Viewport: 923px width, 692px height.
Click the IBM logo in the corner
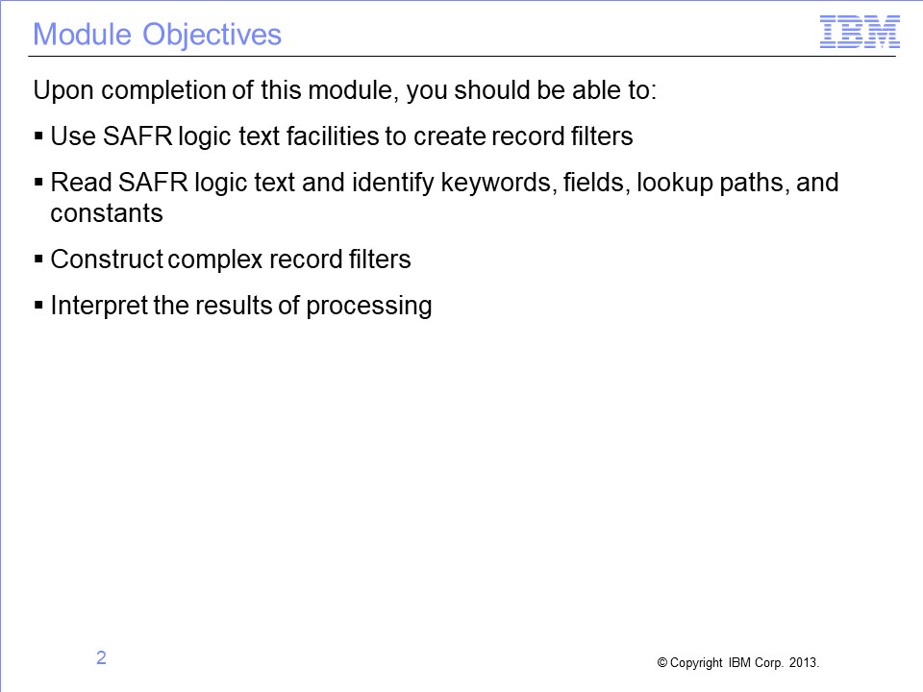pos(860,32)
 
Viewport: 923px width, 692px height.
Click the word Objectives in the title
pos(212,35)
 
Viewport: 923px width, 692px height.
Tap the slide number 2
pos(101,657)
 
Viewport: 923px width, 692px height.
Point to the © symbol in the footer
pos(661,662)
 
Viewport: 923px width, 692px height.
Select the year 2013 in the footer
pos(804,662)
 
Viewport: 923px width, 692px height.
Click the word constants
pos(107,213)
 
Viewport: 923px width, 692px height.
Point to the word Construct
pos(107,259)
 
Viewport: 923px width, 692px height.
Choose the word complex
pos(214,260)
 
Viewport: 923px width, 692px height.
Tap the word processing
pos(369,306)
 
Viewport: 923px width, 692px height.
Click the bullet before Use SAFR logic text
pos(38,136)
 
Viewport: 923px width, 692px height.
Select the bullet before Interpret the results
pos(38,306)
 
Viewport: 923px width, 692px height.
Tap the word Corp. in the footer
pos(769,663)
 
